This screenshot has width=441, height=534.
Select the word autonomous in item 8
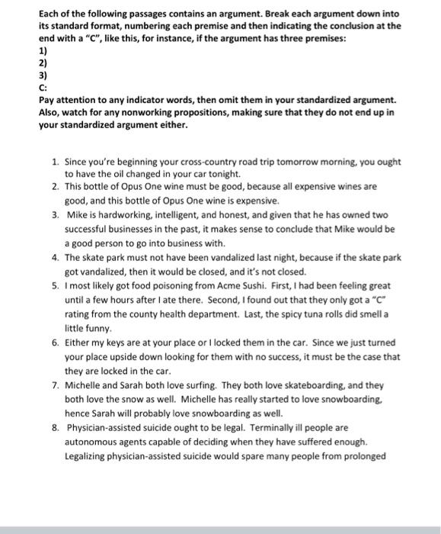[95, 442]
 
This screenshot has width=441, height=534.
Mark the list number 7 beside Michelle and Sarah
[55, 385]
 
